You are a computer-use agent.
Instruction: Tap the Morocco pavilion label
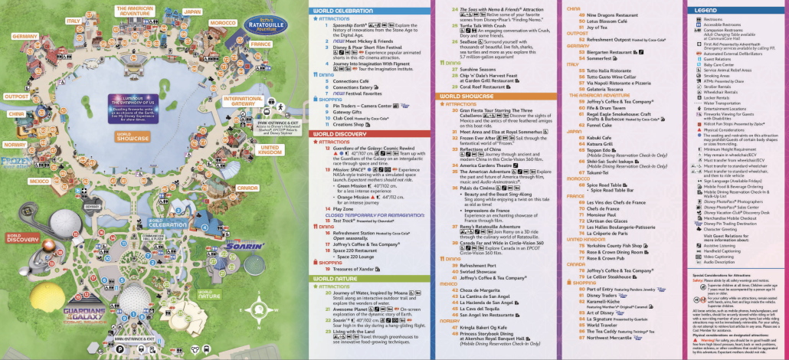coord(223,23)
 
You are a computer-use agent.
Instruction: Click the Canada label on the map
coord(247,188)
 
